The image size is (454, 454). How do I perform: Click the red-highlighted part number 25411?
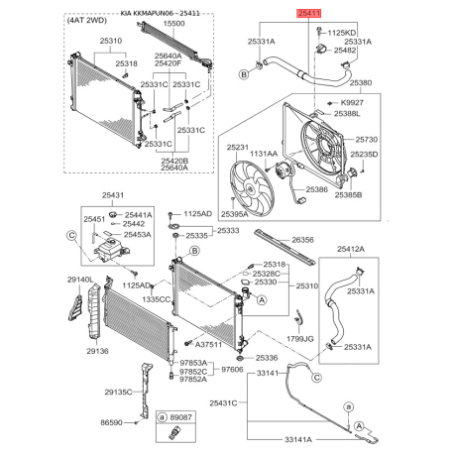pyautogui.click(x=309, y=13)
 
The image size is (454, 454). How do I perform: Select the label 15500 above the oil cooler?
pyautogui.click(x=173, y=24)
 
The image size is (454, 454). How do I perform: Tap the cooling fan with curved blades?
pyautogui.click(x=252, y=188)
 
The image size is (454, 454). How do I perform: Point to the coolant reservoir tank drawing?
pyautogui.click(x=111, y=250)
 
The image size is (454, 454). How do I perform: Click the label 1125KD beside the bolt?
pyautogui.click(x=342, y=33)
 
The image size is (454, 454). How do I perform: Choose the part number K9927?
pyautogui.click(x=352, y=103)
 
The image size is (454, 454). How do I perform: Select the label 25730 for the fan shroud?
pyautogui.click(x=367, y=140)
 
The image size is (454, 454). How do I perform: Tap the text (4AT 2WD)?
pyautogui.click(x=87, y=21)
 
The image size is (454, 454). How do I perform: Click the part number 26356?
pyautogui.click(x=302, y=240)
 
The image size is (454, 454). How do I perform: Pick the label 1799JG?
pyautogui.click(x=300, y=339)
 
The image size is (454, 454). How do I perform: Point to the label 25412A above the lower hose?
pyautogui.click(x=351, y=249)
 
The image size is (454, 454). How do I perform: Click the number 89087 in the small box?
pyautogui.click(x=180, y=417)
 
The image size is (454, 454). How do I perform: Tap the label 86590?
pyautogui.click(x=111, y=422)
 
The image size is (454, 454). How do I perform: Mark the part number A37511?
pyautogui.click(x=208, y=345)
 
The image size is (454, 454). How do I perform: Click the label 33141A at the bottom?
pyautogui.click(x=298, y=440)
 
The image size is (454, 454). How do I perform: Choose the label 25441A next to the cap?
pyautogui.click(x=139, y=215)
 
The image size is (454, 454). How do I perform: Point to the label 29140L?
pyautogui.click(x=80, y=280)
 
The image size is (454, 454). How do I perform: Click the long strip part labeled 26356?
pyautogui.click(x=284, y=248)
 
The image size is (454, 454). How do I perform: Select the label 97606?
pyautogui.click(x=232, y=370)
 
